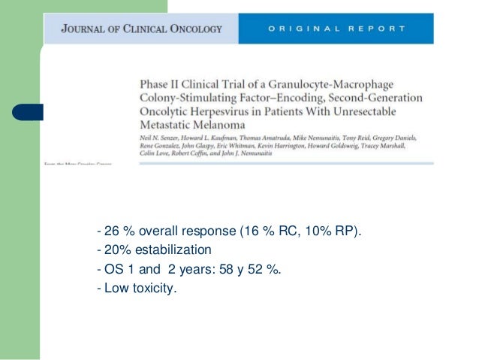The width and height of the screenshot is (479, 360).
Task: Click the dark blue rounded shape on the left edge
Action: pos(27,112)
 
